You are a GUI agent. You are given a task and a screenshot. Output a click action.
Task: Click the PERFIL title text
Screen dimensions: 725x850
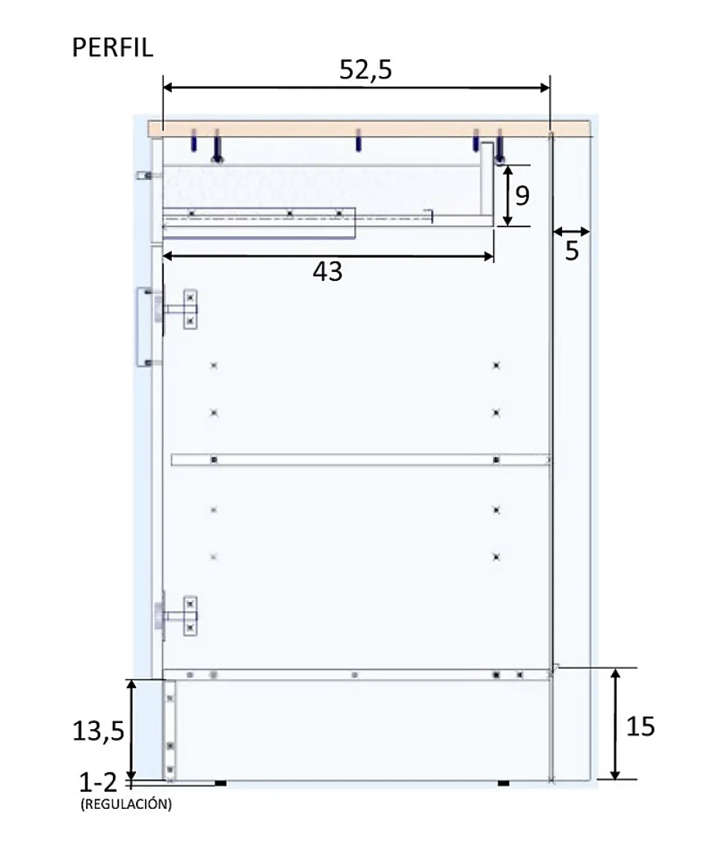pos(113,48)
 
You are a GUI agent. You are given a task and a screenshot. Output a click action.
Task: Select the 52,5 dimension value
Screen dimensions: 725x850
pos(365,70)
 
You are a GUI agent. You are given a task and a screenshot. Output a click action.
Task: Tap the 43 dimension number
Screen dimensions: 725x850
pos(327,272)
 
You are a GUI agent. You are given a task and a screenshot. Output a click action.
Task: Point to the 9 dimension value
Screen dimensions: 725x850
pos(522,195)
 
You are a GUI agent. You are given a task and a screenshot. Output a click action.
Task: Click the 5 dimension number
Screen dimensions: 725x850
pos(572,251)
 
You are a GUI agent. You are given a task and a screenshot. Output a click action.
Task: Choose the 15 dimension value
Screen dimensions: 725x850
pos(641,727)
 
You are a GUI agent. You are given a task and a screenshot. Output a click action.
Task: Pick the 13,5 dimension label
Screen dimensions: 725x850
pos(98,731)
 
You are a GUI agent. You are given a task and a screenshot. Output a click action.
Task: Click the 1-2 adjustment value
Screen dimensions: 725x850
pos(98,782)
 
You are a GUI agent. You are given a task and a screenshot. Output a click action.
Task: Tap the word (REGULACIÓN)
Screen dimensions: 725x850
pos(126,804)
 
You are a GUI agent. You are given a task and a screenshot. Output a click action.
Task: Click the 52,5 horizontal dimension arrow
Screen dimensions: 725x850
pos(357,87)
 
